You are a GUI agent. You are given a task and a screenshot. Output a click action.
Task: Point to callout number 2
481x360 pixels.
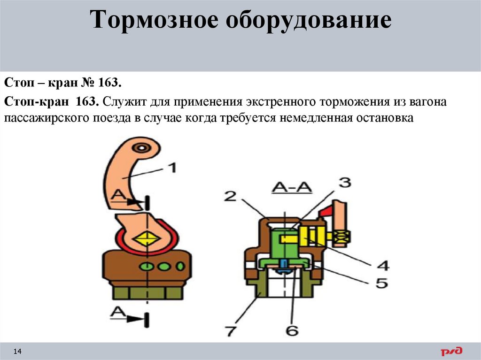click(230, 196)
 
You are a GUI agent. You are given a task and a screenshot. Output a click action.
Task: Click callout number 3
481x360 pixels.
click(344, 183)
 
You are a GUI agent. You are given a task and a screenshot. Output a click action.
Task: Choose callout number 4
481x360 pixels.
click(383, 265)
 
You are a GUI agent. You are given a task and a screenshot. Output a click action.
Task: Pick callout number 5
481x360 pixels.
click(381, 283)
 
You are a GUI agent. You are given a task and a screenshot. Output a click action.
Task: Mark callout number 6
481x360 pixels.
click(292, 330)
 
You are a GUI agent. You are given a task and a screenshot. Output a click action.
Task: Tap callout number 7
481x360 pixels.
click(230, 330)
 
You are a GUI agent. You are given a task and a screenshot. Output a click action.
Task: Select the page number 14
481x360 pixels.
click(18, 351)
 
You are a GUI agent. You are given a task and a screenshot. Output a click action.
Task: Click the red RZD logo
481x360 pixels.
click(451, 351)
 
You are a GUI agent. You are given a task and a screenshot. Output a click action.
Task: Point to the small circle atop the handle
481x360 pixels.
click(140, 148)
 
